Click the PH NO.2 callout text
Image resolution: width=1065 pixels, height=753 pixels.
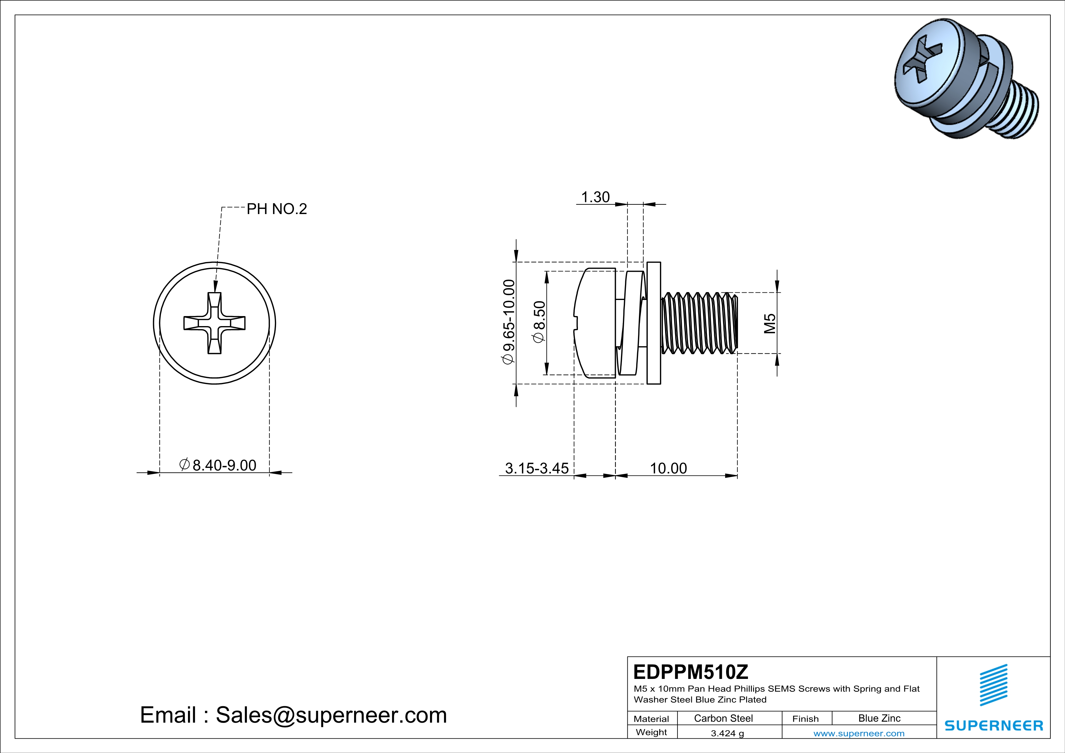tap(276, 209)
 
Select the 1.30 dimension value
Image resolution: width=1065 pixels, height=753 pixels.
tap(595, 197)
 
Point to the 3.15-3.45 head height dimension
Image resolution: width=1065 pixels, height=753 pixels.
tap(536, 468)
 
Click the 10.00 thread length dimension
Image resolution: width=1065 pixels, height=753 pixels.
tap(668, 468)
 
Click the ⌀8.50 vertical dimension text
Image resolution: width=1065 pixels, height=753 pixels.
tap(539, 322)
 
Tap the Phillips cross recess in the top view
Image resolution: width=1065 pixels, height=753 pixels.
tap(214, 323)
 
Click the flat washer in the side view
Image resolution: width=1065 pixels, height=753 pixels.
tap(654, 323)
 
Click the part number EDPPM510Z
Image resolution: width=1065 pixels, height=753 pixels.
tap(691, 672)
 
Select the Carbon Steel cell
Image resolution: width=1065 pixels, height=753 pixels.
tap(723, 718)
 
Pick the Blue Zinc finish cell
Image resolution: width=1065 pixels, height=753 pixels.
tap(879, 718)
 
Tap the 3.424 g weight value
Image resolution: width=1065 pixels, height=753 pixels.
tap(727, 733)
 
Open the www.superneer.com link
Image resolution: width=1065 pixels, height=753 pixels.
tap(858, 733)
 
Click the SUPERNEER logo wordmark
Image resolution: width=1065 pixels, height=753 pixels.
tap(994, 726)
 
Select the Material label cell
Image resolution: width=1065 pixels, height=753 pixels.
tap(651, 719)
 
